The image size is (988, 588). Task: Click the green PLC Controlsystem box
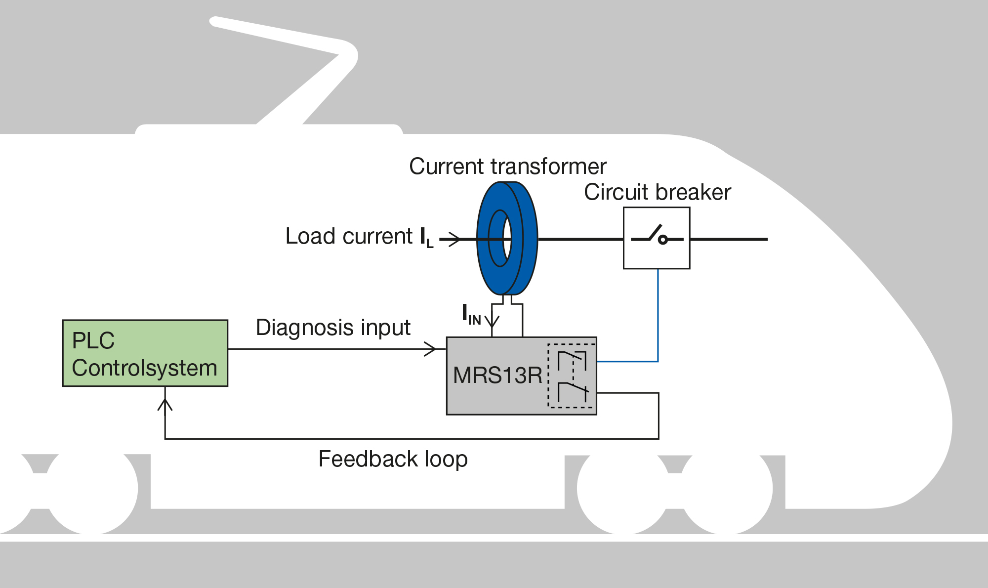145,353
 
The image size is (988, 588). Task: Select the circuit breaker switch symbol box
657,238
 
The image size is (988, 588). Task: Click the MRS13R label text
497,376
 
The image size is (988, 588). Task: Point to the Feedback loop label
393,459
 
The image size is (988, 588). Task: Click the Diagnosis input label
333,328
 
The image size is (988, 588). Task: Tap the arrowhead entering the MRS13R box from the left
431,349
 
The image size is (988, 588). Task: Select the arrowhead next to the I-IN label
492,321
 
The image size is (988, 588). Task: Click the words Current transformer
508,167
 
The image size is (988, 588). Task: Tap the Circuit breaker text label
658,192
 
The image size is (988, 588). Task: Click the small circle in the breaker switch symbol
663,240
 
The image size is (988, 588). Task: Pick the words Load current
349,236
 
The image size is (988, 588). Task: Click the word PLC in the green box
93,340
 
